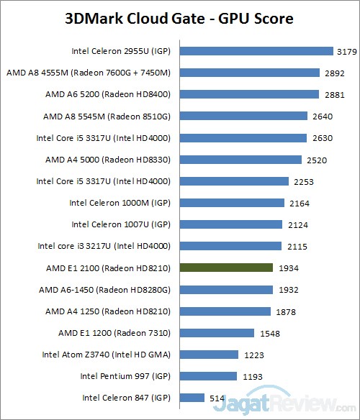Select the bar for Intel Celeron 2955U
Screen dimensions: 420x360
tap(256, 51)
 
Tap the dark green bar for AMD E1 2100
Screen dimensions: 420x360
tap(226, 268)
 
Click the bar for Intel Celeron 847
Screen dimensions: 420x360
tap(192, 398)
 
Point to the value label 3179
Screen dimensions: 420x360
tap(346, 51)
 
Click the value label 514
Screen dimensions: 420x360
tap(216, 398)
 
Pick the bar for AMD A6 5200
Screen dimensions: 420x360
tap(248, 94)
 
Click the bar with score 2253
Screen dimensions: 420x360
tap(234, 181)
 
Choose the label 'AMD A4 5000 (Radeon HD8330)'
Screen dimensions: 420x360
tap(108, 160)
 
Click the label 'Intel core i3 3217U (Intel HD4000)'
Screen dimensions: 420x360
tap(104, 246)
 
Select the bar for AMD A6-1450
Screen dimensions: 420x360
tap(226, 289)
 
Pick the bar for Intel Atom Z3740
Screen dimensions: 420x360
tap(209, 355)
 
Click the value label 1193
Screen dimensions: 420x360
tap(250, 376)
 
